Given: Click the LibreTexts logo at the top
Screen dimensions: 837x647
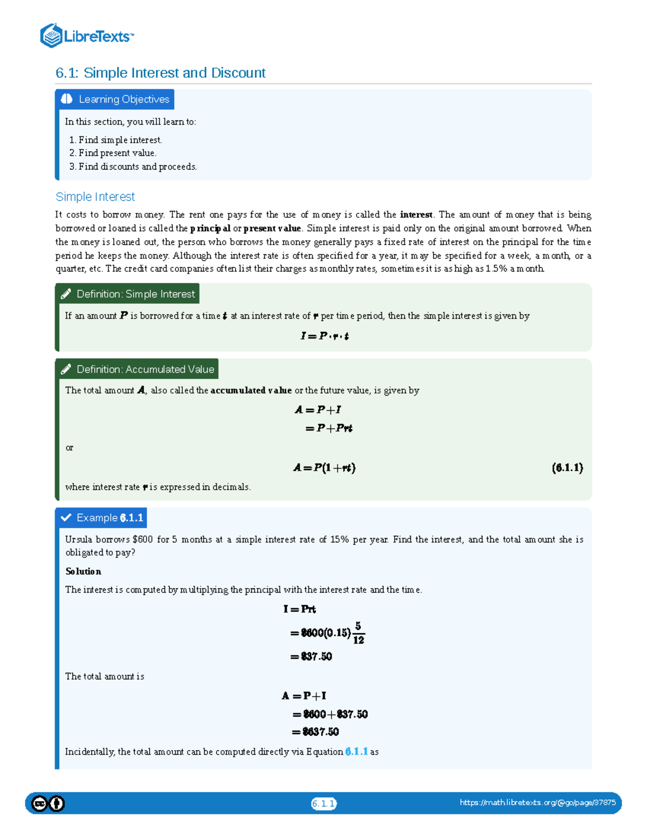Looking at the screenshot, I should click(86, 36).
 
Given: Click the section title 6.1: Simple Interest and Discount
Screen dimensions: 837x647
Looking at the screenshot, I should click(160, 73).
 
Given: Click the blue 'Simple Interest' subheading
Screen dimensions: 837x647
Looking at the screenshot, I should click(95, 197).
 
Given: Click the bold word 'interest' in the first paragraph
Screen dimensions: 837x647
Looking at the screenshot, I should click(416, 215).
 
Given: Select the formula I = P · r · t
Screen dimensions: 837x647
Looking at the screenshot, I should click(324, 336).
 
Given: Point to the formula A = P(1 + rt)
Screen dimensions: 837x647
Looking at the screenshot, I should click(324, 468).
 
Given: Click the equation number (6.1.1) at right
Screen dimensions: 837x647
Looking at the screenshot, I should click(567, 468).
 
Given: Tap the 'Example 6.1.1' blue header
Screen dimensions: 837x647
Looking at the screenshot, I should click(102, 517).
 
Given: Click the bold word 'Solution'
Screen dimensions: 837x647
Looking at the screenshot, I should click(83, 571).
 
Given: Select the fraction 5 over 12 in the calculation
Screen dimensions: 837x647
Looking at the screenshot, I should click(358, 633).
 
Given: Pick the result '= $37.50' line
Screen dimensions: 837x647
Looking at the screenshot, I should click(311, 656).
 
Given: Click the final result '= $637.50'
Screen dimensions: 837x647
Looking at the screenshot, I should click(315, 731).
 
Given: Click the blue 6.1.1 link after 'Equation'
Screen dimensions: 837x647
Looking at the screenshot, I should click(356, 751).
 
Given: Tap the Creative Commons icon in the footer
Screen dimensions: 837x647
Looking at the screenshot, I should click(39, 804).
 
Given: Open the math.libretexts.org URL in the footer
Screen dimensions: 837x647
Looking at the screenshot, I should click(538, 803).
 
